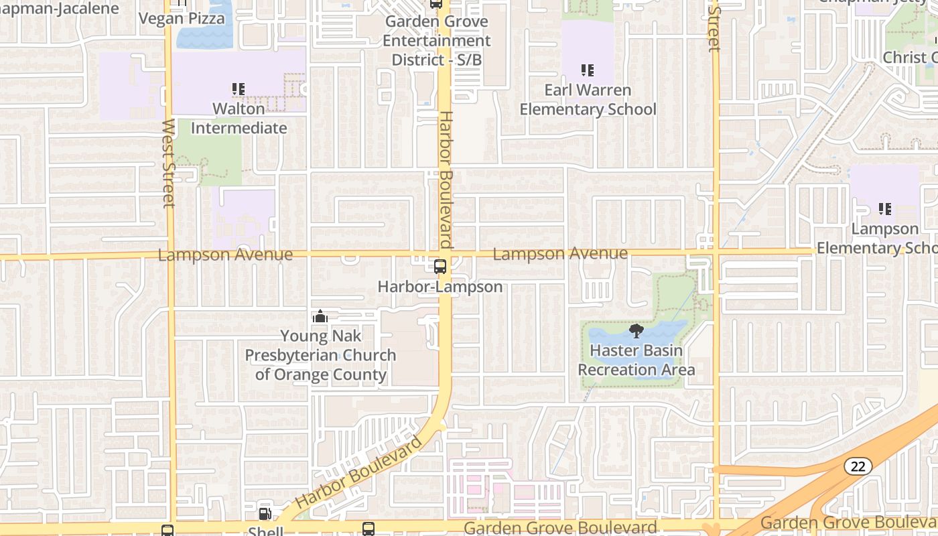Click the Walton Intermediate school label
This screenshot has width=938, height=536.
point(239,118)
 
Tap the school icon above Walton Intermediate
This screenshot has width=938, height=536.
point(238,88)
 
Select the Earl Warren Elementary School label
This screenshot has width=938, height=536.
point(588,99)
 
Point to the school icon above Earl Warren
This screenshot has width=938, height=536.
point(588,70)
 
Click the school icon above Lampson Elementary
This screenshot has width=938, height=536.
point(885,209)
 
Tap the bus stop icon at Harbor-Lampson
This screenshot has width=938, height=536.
point(440,267)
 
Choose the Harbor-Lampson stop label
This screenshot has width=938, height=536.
point(440,287)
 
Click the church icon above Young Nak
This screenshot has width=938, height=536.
point(320,316)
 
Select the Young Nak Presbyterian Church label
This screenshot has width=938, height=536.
point(320,355)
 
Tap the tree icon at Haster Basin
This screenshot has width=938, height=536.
point(636,331)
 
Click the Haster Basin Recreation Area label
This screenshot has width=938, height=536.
point(636,360)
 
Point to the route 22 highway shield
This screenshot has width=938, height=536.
point(858,466)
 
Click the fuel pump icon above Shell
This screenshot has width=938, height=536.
point(265,514)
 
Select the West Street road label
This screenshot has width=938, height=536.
point(169,163)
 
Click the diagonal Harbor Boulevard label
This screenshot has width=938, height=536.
point(359,472)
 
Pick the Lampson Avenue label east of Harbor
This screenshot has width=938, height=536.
point(560,254)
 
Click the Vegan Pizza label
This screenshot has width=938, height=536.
point(182,18)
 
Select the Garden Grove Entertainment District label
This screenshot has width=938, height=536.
point(436,40)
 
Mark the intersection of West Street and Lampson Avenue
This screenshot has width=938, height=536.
point(171,256)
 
